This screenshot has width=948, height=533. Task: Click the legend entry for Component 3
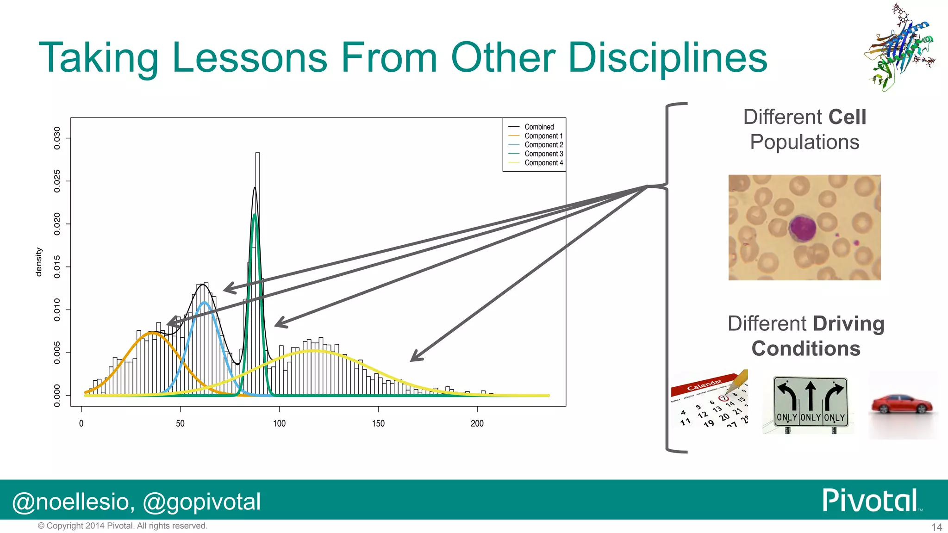pyautogui.click(x=543, y=154)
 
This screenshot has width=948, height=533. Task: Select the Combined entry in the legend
pyautogui.click(x=539, y=127)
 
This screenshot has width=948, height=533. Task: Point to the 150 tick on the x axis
pyautogui.click(x=378, y=423)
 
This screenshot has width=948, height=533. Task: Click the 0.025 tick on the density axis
pyautogui.click(x=57, y=181)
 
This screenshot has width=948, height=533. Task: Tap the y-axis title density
pyautogui.click(x=38, y=262)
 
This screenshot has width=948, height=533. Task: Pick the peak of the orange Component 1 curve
pyautogui.click(x=152, y=333)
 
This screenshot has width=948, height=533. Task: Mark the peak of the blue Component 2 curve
pyautogui.click(x=204, y=303)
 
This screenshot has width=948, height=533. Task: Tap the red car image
pyautogui.click(x=902, y=404)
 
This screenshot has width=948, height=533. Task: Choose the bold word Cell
pyautogui.click(x=847, y=117)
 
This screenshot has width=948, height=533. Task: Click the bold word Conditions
pyautogui.click(x=805, y=348)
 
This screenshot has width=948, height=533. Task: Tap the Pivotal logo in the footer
pyautogui.click(x=870, y=500)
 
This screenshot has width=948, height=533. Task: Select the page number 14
pyautogui.click(x=936, y=527)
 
